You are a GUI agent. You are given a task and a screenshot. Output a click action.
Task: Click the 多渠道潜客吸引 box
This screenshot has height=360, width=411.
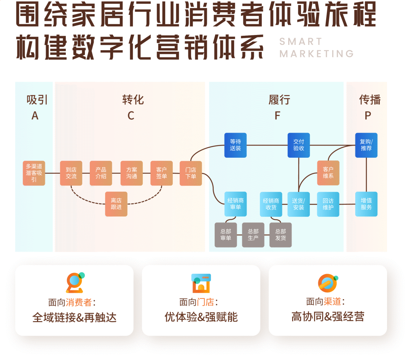[34, 173]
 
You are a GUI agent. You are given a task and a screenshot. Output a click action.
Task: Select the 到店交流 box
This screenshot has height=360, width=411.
[71, 173]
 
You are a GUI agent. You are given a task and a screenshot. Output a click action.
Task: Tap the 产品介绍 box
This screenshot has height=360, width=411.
[101, 173]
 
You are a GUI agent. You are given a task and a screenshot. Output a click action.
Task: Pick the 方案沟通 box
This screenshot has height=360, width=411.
[132, 173]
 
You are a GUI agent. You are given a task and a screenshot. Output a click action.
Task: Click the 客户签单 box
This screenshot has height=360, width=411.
[161, 173]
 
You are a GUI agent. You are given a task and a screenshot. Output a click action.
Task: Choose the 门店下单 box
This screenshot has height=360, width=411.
[191, 173]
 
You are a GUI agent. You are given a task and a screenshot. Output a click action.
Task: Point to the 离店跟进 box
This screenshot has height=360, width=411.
[116, 204]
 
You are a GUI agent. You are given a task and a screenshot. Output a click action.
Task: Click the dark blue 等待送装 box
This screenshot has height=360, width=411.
[235, 145]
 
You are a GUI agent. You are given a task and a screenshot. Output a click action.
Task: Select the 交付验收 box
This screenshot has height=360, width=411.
[299, 145]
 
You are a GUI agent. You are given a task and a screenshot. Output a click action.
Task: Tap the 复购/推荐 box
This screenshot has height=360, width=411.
[366, 145]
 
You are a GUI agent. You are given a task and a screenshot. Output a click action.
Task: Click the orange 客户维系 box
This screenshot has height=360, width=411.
[328, 173]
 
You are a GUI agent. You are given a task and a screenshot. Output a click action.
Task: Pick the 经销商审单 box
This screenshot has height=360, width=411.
[235, 204]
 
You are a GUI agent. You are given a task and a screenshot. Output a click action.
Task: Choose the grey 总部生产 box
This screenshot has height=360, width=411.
[253, 235]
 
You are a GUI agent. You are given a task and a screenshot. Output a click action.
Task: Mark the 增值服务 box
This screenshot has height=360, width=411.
[366, 204]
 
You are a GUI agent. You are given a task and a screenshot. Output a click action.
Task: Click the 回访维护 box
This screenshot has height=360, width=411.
[328, 204]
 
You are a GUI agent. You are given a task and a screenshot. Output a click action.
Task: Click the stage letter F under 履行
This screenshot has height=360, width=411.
[277, 116]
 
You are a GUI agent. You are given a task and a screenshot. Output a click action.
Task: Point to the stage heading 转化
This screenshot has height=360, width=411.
[133, 100]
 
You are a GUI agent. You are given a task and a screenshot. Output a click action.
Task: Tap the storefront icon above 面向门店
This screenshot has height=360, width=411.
[201, 283]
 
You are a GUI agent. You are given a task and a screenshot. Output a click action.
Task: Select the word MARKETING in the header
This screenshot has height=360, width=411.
[317, 54]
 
